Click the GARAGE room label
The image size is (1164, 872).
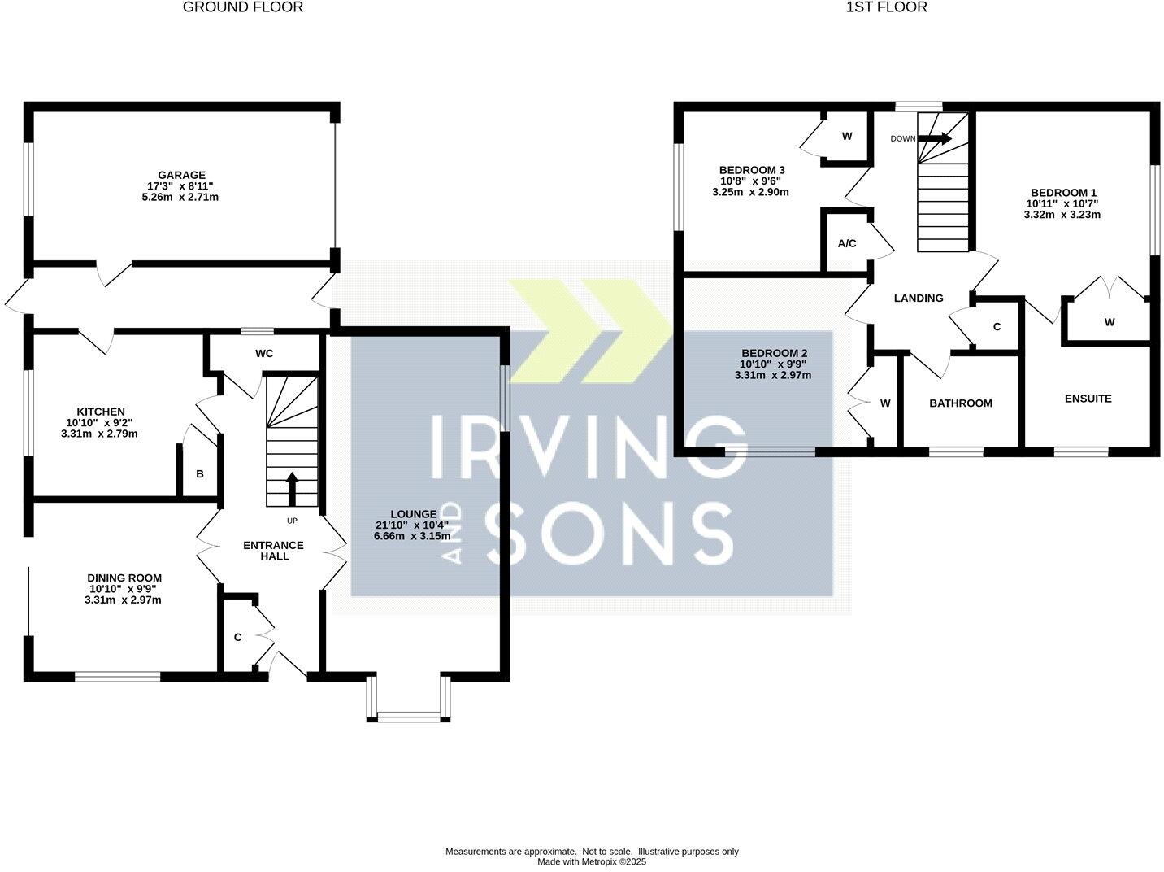(182, 175)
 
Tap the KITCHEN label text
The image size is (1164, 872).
(101, 412)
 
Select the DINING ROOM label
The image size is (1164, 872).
(124, 578)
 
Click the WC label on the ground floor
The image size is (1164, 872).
(264, 354)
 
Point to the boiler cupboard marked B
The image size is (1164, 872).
(199, 473)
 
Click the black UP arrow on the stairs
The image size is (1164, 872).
(292, 488)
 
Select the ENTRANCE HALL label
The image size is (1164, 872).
(273, 551)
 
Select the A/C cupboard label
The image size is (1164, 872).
(847, 243)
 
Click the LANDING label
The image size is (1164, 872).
(919, 299)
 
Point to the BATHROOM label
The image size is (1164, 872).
(961, 403)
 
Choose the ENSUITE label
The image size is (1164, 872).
(1088, 399)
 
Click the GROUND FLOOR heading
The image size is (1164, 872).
(243, 7)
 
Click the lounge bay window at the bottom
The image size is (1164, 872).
(408, 716)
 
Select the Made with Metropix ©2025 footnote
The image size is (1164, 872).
(592, 862)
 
